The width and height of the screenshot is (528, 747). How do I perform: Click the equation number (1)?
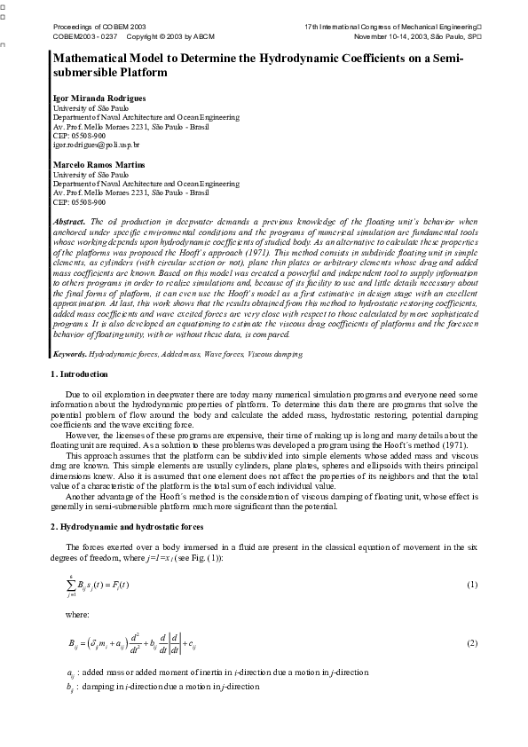pos(472,586)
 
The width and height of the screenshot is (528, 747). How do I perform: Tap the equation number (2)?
pos(472,642)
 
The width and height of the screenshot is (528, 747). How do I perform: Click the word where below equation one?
pos(76,613)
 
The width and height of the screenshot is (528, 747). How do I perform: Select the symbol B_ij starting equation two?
pos(75,642)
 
